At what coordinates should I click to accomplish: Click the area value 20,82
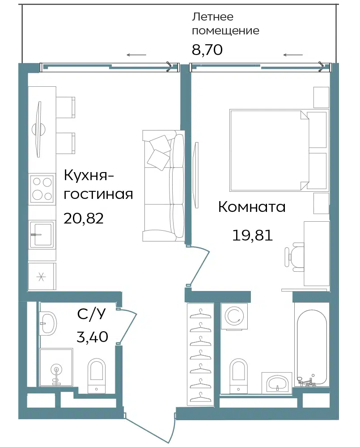point(83,219)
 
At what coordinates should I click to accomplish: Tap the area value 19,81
point(253,236)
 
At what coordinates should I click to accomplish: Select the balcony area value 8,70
point(207,50)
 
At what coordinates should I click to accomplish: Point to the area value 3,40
point(93,337)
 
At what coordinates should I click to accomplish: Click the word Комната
point(252,207)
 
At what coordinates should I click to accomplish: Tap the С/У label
point(91,314)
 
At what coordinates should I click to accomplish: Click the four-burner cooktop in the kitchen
point(42,189)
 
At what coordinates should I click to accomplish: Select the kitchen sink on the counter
point(42,234)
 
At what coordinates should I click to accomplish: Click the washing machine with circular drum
point(234,316)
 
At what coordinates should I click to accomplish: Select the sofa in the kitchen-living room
point(164,186)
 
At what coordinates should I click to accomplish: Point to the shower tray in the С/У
point(56,367)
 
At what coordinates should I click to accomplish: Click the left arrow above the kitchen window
point(137,55)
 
